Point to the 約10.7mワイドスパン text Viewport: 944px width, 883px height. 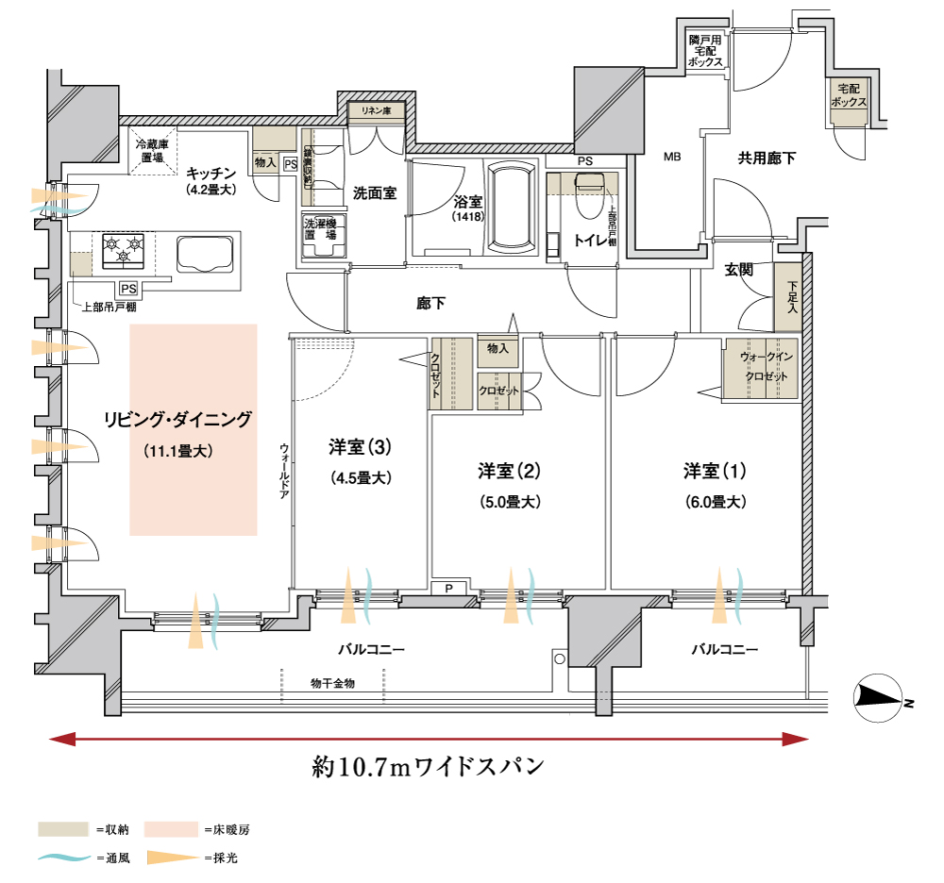coord(429,765)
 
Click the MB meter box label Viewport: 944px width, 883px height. coord(671,157)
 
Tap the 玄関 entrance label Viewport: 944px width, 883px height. coord(739,270)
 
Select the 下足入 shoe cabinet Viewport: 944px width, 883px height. coord(791,295)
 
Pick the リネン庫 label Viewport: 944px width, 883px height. coord(377,111)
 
